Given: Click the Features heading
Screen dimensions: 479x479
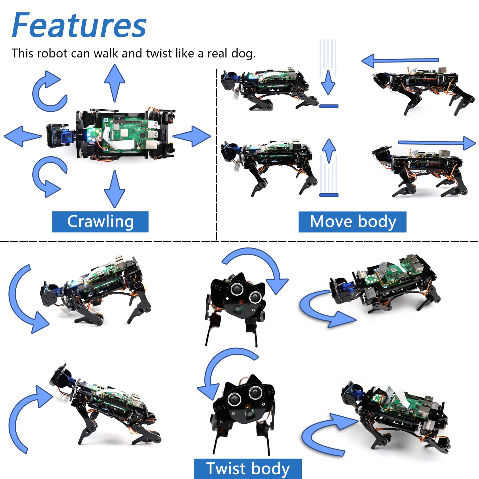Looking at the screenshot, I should coord(79,26).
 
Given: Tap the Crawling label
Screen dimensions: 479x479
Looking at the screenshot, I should coord(100,222).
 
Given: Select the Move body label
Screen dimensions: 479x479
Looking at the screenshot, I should coord(353,222).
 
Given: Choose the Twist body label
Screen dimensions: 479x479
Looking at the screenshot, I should coord(248,469).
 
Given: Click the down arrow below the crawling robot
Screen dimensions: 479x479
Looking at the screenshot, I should coord(114,189).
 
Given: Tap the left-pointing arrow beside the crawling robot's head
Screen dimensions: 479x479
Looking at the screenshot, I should coord(22,136).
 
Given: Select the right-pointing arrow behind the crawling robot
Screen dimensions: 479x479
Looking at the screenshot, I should coord(192,136).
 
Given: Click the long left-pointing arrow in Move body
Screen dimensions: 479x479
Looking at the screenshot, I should coord(399,60).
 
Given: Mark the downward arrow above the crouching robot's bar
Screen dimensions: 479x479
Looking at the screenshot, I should coord(328,82).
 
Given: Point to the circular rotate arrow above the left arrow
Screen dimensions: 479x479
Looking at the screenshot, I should coord(49,92).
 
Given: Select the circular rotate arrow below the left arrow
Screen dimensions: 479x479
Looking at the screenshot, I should coord(49,176).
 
